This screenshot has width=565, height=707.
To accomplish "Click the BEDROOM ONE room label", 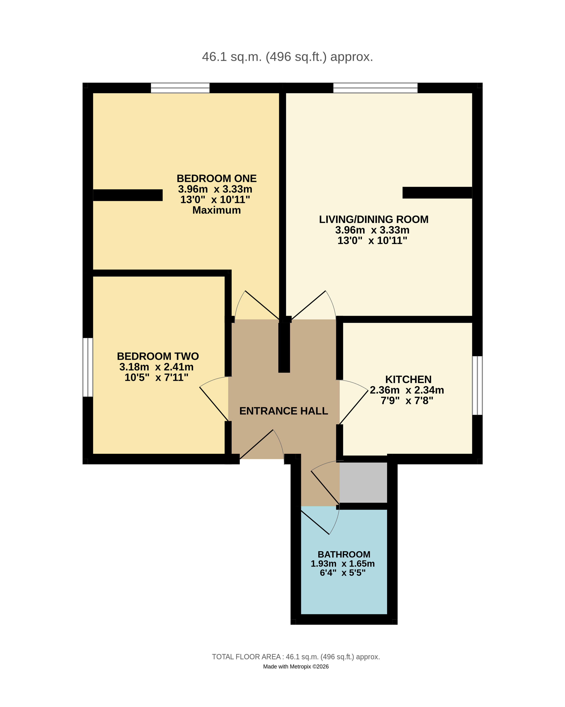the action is point(217,178).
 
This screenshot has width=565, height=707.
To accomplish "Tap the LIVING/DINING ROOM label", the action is point(374,219).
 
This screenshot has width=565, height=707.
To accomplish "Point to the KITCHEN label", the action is point(408,379).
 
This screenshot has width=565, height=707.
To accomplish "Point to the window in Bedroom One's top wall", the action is point(180,88).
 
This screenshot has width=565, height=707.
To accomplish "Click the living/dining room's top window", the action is point(375,88).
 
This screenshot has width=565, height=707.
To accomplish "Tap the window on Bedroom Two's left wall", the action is point(88,367).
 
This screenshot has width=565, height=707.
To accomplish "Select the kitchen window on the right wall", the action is point(477,386).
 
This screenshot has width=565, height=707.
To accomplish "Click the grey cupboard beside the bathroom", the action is point(364,482).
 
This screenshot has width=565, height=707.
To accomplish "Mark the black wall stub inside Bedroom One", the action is point(128,195).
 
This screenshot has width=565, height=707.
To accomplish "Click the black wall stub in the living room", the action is point(437,193).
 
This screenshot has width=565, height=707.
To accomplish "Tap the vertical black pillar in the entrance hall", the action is point(284,348).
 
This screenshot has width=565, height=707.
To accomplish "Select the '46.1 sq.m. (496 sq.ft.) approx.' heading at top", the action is point(288,57).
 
